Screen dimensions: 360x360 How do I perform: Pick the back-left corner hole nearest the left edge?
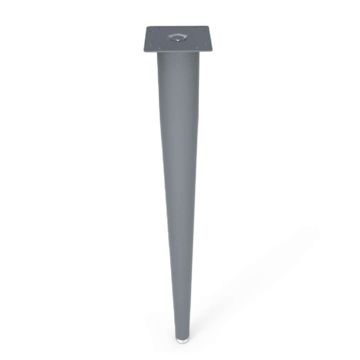click(151, 31)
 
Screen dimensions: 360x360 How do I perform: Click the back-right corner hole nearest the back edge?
click(195, 28)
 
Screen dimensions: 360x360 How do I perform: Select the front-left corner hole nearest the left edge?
click(150, 44)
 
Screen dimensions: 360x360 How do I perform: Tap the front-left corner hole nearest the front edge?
click(159, 48)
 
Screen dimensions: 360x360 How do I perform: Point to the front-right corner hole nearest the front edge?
click(197, 48)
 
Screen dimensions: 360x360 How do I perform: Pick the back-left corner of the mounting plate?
click(148, 27)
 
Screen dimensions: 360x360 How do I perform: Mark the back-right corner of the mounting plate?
click(207, 26)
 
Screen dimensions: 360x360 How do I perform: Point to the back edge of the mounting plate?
click(177, 26)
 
